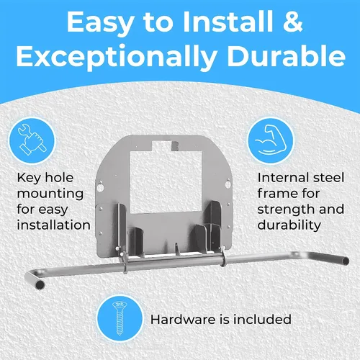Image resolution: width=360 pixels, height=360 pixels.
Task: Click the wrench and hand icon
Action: [32, 140]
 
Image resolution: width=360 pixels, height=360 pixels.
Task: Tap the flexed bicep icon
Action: [271, 140]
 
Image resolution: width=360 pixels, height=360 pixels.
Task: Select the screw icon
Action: [120, 318]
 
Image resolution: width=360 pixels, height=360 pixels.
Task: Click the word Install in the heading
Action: [228, 22]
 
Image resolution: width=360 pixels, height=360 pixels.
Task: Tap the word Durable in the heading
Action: [287, 55]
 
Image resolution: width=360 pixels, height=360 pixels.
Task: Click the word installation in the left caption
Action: [54, 225]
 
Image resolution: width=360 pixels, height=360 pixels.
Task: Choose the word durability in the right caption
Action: [289, 225]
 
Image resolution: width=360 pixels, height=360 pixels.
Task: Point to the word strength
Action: [287, 210]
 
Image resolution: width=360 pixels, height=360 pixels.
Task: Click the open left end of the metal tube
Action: [40, 285]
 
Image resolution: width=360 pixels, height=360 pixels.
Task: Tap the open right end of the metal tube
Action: [346, 261]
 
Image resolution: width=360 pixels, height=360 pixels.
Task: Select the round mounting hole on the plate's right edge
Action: [228, 184]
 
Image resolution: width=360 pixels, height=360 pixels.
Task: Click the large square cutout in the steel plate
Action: [166, 182]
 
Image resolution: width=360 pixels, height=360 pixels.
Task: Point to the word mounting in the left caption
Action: [50, 194]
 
